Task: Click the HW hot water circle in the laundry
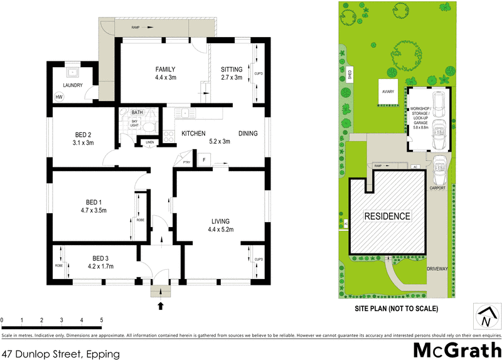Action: [59, 97]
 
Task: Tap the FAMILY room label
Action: [165, 70]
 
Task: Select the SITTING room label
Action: [231, 70]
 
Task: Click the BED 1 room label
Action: [93, 202]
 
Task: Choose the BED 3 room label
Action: [101, 258]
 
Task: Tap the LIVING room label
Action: [220, 221]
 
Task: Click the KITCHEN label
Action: [194, 134]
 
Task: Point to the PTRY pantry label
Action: [186, 162]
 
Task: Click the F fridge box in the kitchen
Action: [203, 161]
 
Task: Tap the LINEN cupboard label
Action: [149, 142]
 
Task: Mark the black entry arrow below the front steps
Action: [161, 306]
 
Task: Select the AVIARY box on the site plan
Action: [387, 92]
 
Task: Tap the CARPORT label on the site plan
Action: [437, 188]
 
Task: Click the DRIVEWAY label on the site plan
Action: [437, 268]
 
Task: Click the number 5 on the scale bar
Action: [102, 320]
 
